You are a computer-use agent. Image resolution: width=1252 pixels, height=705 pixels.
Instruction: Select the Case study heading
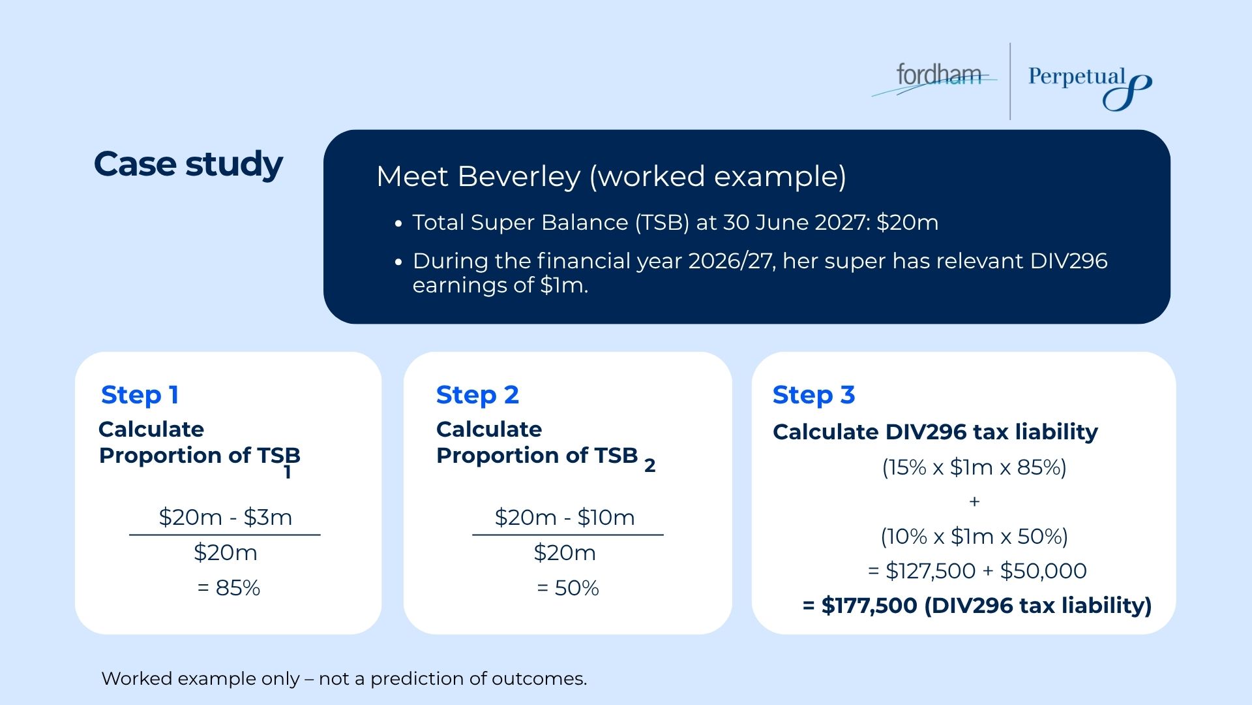(188, 164)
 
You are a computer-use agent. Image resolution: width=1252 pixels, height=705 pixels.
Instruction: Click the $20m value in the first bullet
(907, 223)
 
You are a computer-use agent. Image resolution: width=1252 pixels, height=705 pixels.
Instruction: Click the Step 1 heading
(140, 395)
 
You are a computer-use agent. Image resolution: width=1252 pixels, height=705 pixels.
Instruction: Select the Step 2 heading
(477, 395)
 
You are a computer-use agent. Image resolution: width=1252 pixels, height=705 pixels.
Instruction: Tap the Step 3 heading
(813, 395)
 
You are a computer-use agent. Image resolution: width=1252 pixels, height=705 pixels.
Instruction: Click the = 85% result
(229, 588)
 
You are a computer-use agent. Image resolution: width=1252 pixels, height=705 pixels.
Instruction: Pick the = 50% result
(567, 588)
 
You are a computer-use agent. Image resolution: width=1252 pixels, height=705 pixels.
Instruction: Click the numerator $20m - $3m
(225, 518)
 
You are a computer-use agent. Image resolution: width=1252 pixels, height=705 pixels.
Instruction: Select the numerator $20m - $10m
(565, 518)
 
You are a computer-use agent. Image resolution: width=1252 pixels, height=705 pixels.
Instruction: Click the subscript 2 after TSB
(649, 466)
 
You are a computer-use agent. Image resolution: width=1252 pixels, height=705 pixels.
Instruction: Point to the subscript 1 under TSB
(288, 473)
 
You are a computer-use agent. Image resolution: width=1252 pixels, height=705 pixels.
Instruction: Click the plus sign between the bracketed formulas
(974, 501)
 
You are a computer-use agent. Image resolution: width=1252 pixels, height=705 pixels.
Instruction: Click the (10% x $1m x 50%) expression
(974, 537)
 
